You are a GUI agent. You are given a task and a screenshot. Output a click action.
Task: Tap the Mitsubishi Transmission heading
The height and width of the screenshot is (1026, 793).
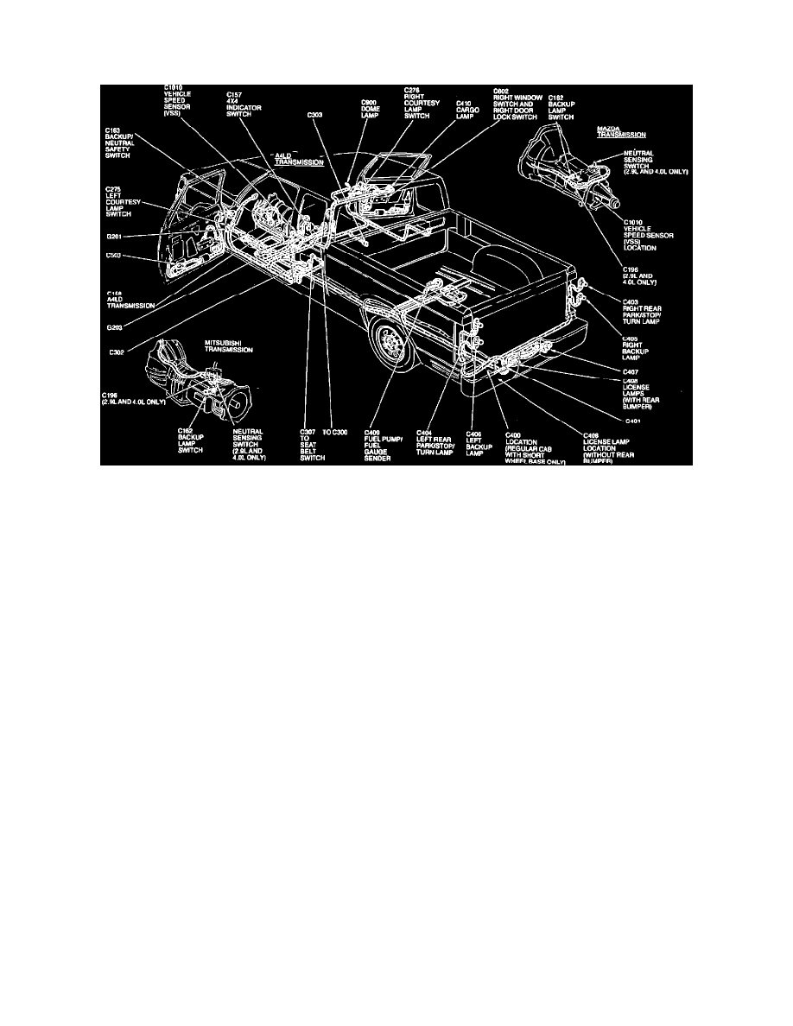[229, 347]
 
